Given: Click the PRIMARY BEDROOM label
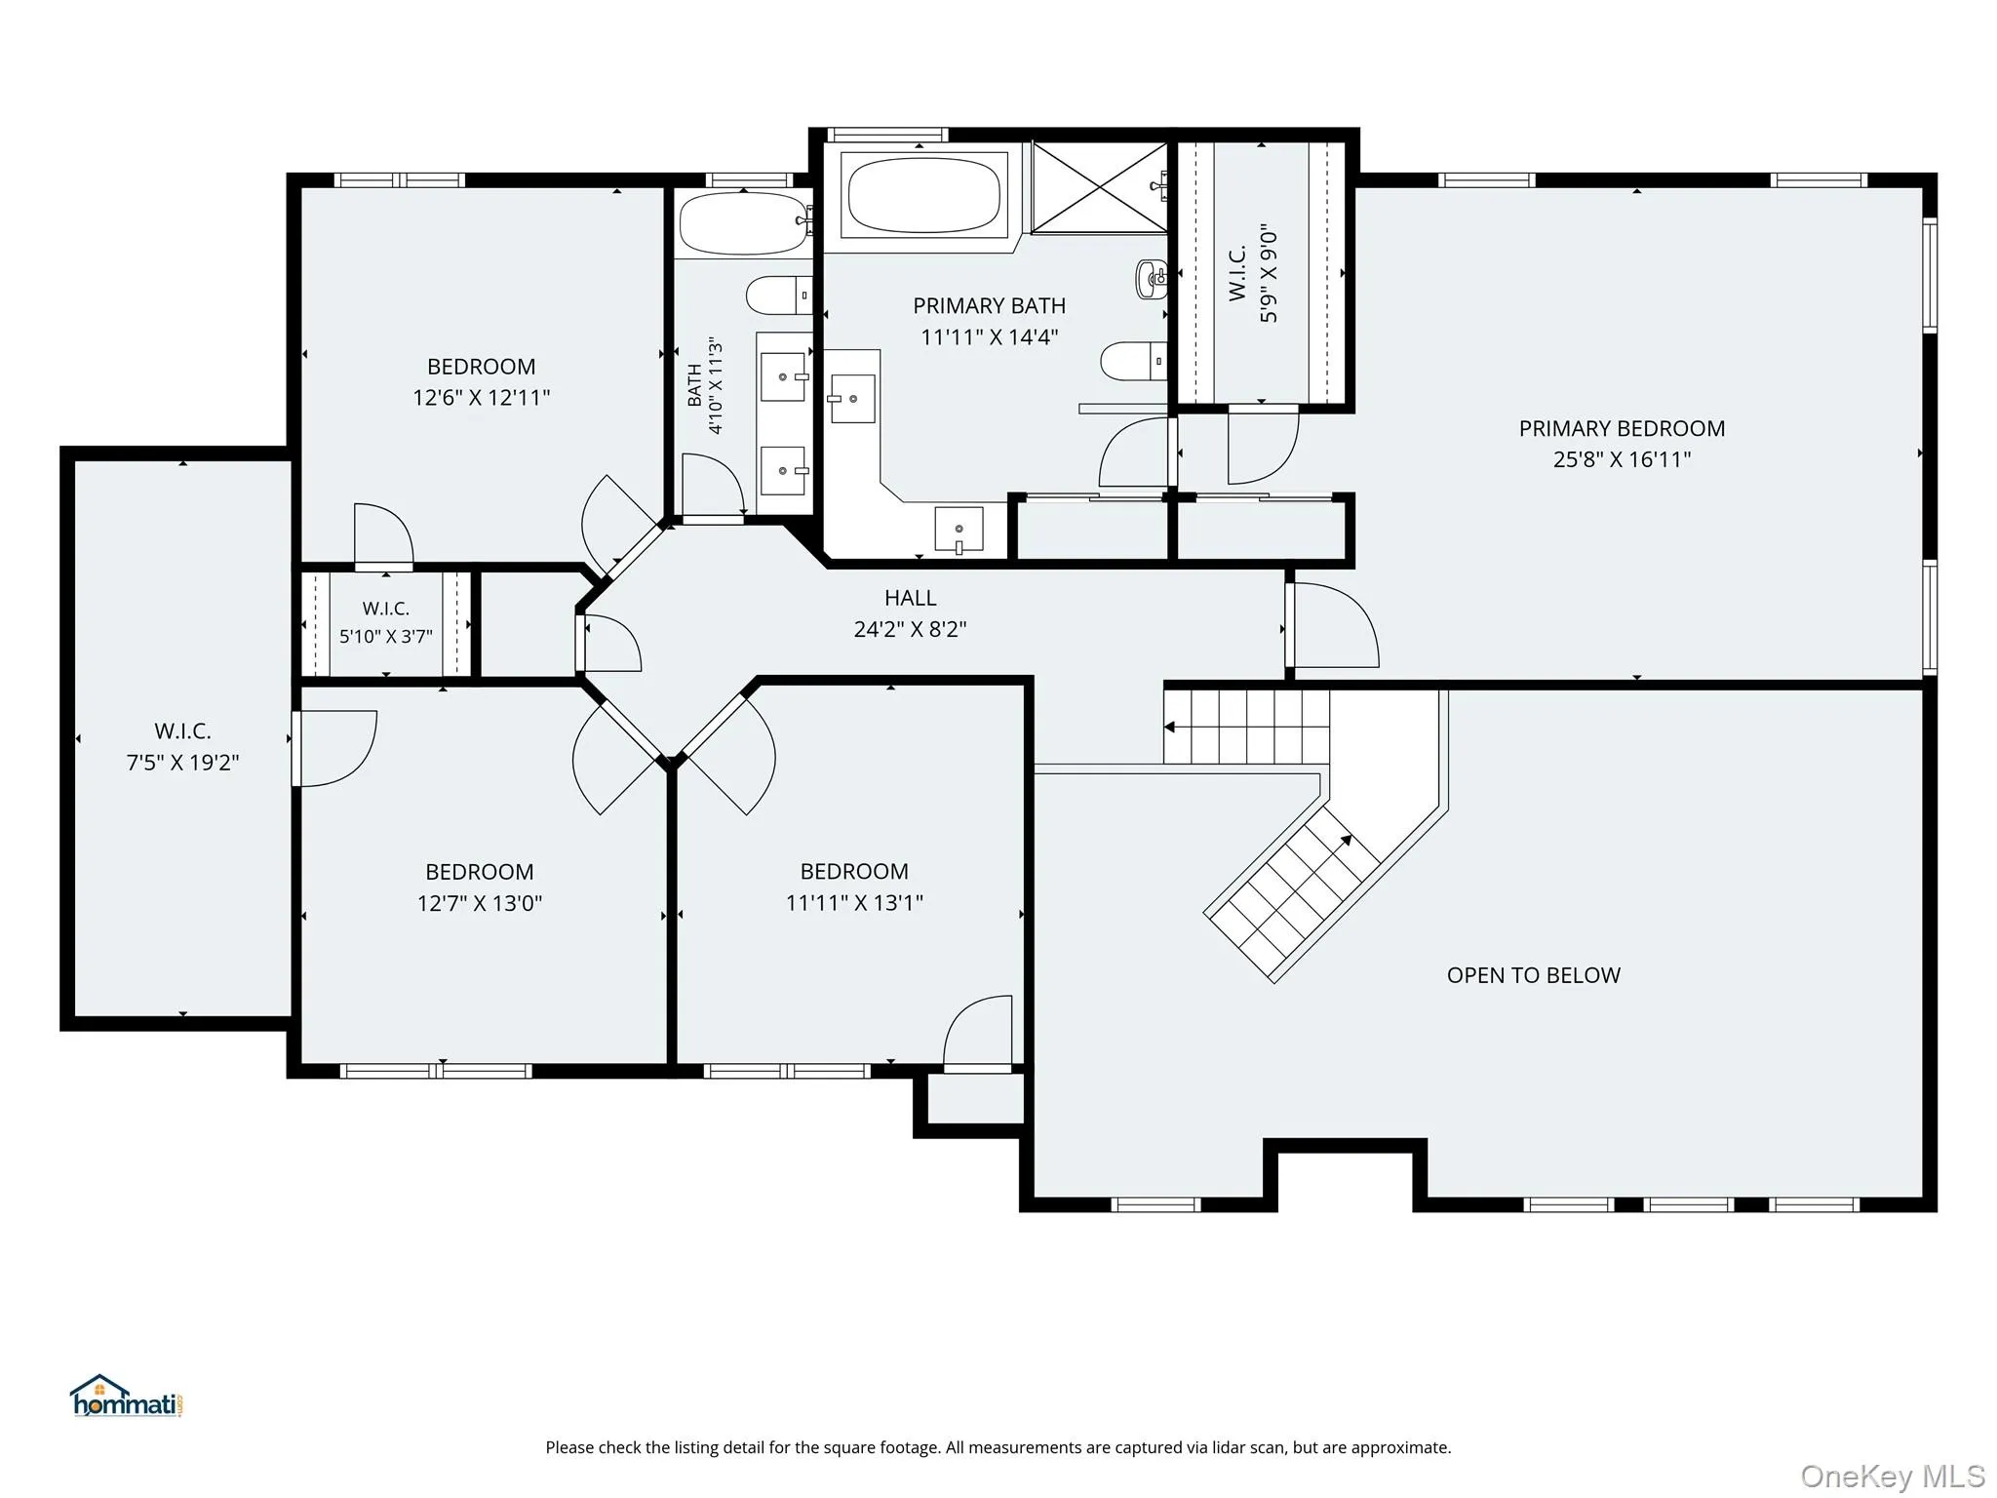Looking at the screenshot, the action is coord(1622,428).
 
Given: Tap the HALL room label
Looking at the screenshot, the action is coord(910,598).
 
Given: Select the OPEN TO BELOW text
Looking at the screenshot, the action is coord(1533,975).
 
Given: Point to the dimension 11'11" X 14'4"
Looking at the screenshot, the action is coord(989,337).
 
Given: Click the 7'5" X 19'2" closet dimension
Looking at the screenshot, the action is coord(182,763).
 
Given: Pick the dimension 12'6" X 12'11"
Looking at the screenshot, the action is coord(482,398).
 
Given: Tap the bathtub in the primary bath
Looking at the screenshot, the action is coord(923,195).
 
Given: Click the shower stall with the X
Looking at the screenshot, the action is coord(1099,187).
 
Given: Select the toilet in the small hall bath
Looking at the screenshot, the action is coord(779,295).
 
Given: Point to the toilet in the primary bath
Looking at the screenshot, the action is coord(1134,361).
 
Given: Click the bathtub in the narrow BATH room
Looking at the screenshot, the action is coord(745,223).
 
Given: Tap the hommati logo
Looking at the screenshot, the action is coord(127,1397).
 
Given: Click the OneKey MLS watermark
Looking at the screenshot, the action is coord(1893,1477).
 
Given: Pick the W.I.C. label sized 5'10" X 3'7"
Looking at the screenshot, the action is coord(386,609).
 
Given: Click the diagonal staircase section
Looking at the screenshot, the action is coord(1293,893).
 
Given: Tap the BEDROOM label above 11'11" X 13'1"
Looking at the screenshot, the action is coord(854,871).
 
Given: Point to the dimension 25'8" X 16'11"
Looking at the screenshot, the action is coord(1622,459).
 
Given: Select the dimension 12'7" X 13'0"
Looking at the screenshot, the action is coord(480,903).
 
